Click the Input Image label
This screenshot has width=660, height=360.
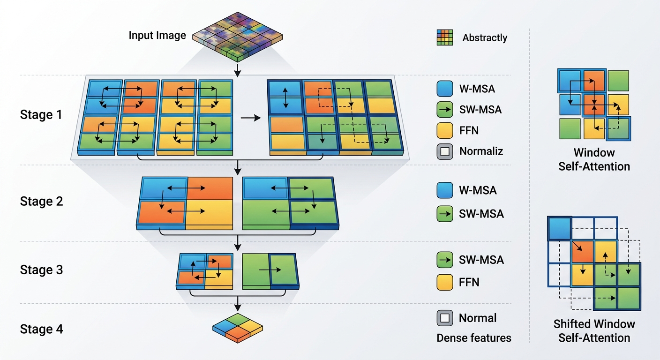click(157, 35)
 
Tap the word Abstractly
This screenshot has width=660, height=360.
click(485, 37)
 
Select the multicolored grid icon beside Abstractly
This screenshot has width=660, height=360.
click(445, 37)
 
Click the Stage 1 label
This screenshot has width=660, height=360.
click(41, 114)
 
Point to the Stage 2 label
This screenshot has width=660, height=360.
click(41, 201)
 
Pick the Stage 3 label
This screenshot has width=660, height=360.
click(41, 270)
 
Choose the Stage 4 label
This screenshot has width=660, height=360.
click(41, 329)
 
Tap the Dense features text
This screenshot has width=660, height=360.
click(473, 337)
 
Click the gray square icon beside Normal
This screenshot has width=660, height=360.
click(445, 318)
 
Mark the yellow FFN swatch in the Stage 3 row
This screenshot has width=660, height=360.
click(445, 282)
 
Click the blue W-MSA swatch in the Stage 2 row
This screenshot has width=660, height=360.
click(445, 190)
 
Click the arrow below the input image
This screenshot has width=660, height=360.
click(238, 69)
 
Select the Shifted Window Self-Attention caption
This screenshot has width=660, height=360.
click(594, 330)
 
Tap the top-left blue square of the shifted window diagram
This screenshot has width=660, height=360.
click(560, 229)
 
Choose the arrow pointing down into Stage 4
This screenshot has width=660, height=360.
click(238, 302)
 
